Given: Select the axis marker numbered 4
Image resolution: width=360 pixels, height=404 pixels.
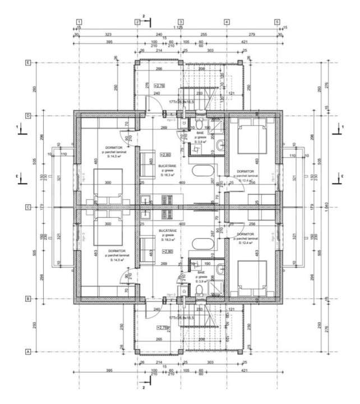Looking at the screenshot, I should pos(227,22).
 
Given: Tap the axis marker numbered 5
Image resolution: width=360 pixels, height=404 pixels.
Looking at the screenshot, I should pos(278,22).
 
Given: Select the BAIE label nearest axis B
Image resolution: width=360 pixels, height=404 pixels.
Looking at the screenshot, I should pos(201,273).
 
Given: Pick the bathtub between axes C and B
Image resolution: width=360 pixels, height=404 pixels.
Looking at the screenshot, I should pos(201,245).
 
